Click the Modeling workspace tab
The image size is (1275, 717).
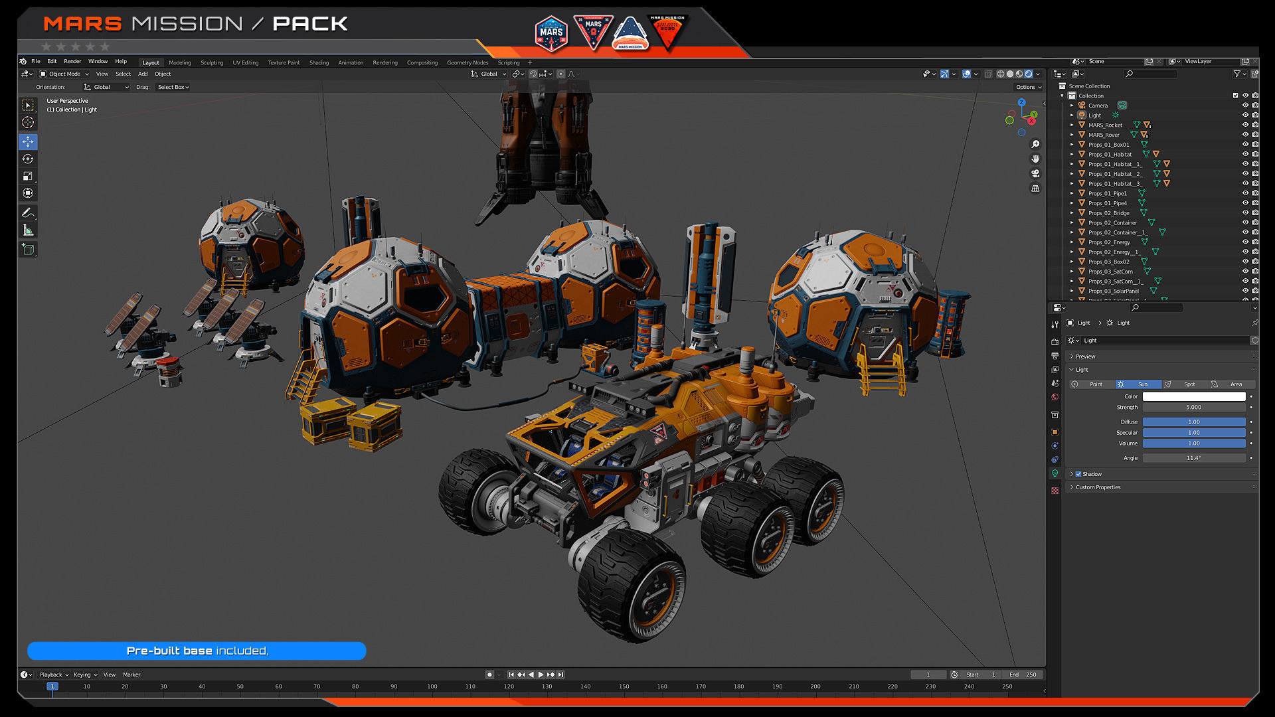179,62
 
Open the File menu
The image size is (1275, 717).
36,61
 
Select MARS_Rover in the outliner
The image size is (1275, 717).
1104,135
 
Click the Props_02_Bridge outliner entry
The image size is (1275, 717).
1108,213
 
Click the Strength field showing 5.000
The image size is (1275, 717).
1193,407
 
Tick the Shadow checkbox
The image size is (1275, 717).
1078,474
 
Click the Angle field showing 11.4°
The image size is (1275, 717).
1193,457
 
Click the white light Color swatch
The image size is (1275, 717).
1193,396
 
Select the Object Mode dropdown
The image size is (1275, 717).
64,74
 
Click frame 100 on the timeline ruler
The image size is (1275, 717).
432,686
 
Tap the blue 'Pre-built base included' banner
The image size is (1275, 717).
197,651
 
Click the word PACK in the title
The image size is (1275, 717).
310,24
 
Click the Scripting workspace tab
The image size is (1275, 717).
509,62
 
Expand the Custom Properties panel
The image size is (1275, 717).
1098,487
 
